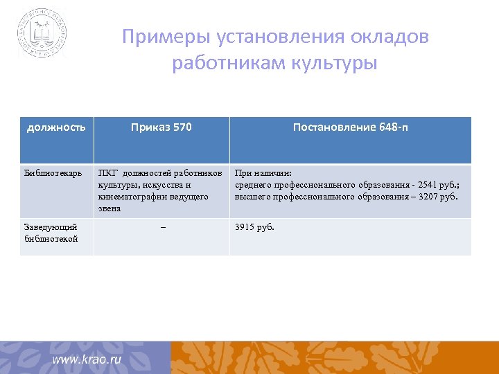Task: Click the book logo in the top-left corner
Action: [42, 33]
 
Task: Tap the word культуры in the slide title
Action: [337, 63]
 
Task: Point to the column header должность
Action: [56, 127]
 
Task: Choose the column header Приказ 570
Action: [161, 127]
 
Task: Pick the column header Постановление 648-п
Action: [350, 127]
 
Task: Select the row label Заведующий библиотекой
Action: [51, 233]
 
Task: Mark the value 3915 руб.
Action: [255, 226]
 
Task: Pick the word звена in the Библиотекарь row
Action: [110, 208]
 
